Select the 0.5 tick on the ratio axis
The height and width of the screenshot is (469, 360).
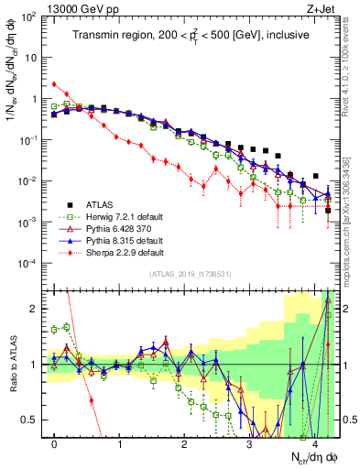(x=33, y=420)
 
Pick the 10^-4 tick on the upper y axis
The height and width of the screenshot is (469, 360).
(x=28, y=264)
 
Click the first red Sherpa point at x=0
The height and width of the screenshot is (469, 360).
(x=55, y=84)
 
